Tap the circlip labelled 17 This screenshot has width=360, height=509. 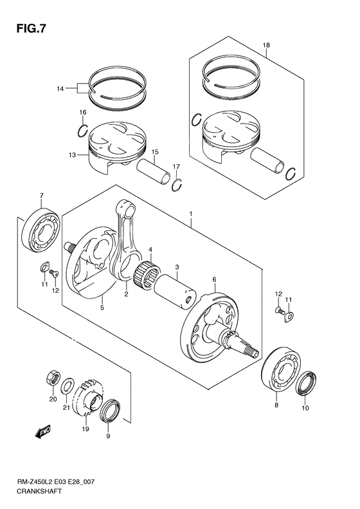[178, 185]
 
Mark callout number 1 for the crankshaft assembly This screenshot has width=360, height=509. [190, 212]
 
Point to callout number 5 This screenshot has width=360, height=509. [102, 308]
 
